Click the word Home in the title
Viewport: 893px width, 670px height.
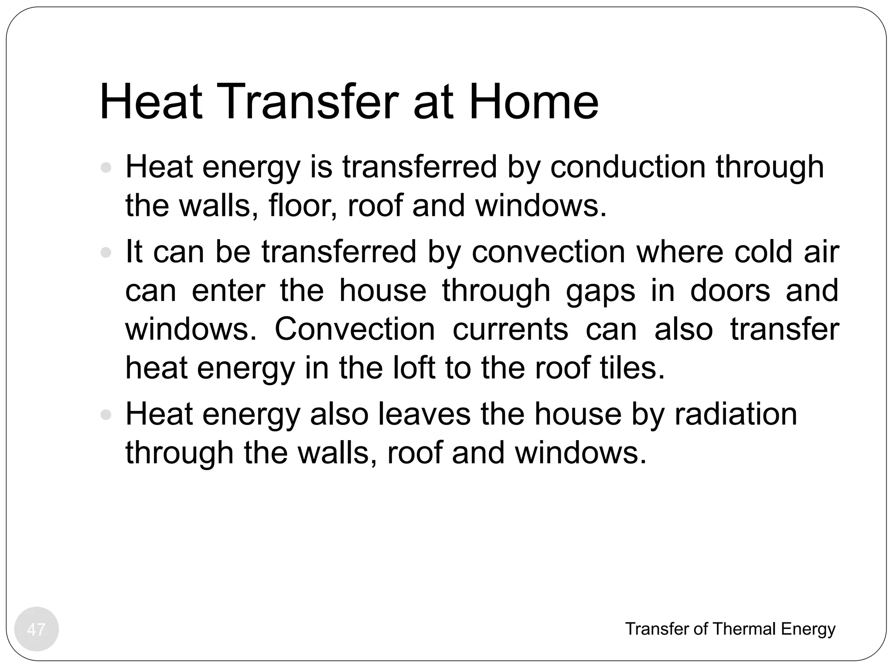[x=533, y=103]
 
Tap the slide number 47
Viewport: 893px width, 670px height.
[x=36, y=629]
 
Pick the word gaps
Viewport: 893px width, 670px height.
[x=600, y=291]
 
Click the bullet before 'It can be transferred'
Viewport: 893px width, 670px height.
[x=106, y=253]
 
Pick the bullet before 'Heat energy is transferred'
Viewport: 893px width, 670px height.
[x=106, y=167]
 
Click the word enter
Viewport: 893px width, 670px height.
[x=228, y=291]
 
